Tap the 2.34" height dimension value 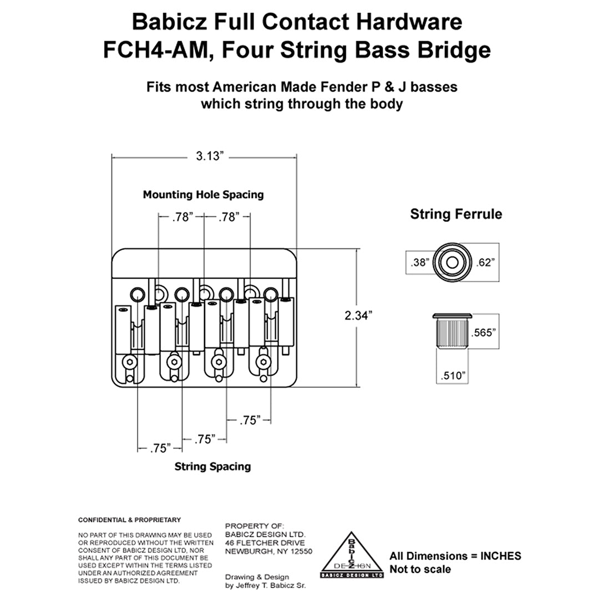pos(358,315)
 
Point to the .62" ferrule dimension pos(485,262)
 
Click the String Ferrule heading pos(456,214)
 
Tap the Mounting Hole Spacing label pos(203,195)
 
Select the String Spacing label pos(212,466)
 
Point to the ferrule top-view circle pos(451,262)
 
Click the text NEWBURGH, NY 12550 pos(268,552)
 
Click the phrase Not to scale pos(420,569)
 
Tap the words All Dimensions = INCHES pos(455,556)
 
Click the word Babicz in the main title pos(169,22)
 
